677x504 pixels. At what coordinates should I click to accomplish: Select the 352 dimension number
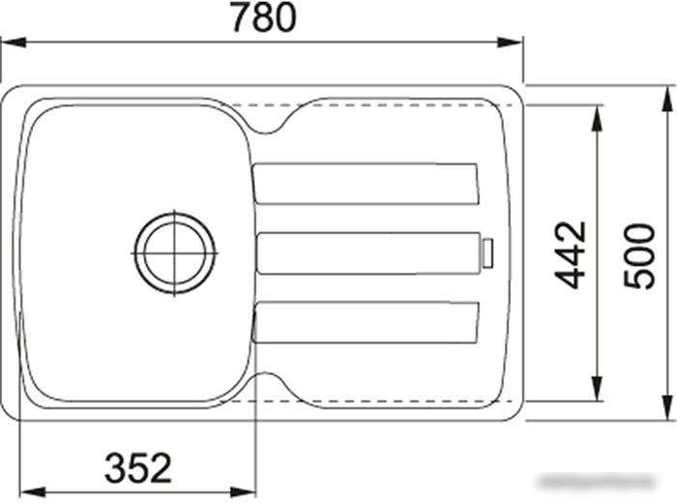[137, 468]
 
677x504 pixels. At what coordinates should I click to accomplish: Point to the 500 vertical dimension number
[639, 254]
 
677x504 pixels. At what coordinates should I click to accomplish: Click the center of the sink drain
[174, 252]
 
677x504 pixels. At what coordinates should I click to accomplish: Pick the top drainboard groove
[366, 184]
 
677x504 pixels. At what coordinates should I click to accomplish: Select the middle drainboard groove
[368, 253]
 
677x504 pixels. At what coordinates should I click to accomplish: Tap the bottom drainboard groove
[366, 323]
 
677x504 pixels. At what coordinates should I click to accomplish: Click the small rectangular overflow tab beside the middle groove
[488, 253]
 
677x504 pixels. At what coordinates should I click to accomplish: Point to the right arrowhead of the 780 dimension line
[514, 42]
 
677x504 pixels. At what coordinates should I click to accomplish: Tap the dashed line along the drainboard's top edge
[387, 103]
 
